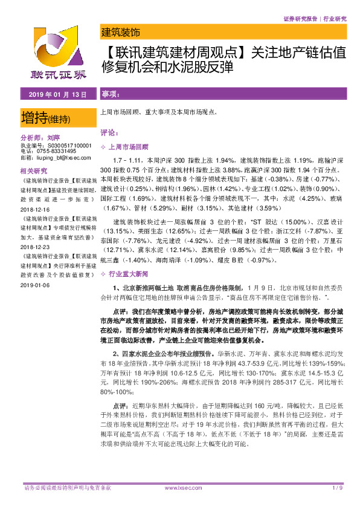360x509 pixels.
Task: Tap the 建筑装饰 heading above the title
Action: coord(120,33)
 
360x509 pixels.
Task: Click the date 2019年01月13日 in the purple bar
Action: coord(54,94)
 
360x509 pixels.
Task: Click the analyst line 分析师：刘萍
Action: coord(42,137)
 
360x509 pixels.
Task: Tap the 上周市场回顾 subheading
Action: coord(130,147)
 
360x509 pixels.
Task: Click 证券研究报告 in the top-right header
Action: coord(300,19)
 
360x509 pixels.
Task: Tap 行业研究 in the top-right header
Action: coord(334,19)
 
